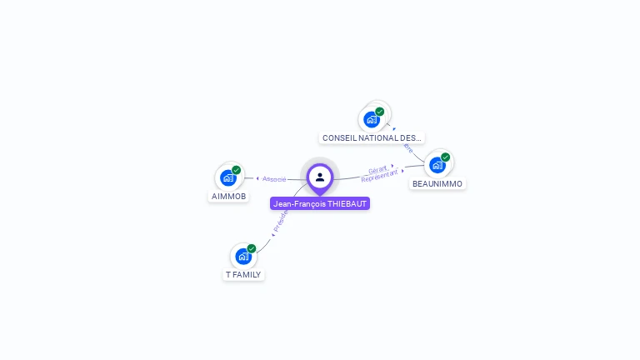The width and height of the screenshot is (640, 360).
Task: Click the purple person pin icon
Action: (x=320, y=177)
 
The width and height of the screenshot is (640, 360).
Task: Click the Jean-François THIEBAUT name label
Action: (x=320, y=203)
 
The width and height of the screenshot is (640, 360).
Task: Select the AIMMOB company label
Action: (x=228, y=197)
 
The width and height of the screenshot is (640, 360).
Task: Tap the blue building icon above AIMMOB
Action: (x=227, y=177)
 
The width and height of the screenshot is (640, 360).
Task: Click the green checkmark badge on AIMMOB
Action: (x=236, y=170)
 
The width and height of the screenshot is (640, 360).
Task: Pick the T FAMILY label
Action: (x=243, y=274)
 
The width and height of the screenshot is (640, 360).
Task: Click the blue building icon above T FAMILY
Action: (x=243, y=256)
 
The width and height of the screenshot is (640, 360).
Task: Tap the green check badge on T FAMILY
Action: (x=251, y=248)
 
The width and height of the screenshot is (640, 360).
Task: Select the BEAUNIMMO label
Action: (x=437, y=183)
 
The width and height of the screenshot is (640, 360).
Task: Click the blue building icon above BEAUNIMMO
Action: (x=437, y=164)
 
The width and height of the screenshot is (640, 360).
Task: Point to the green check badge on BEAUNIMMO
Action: (x=445, y=157)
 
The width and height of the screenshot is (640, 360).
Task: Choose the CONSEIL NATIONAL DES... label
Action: (x=372, y=137)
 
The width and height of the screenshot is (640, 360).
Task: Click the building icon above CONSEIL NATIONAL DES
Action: (x=372, y=119)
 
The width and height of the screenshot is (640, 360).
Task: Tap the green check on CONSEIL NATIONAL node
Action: (x=380, y=112)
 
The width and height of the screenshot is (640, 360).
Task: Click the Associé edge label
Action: (x=274, y=178)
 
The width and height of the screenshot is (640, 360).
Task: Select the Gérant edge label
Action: (x=377, y=170)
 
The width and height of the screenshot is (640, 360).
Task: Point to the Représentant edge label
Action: (x=379, y=177)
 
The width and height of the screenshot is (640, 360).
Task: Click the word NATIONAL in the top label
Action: (x=377, y=137)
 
